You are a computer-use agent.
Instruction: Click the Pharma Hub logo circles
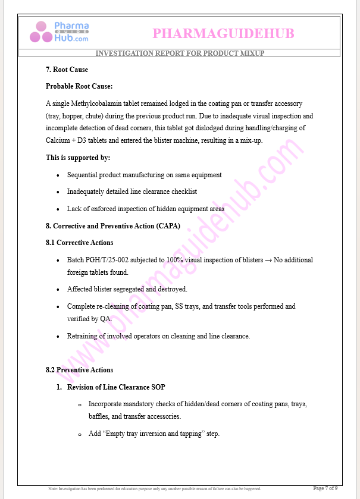click(x=42, y=32)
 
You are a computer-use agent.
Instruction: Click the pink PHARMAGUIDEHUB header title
click(x=223, y=33)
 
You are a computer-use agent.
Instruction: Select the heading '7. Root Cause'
click(x=67, y=70)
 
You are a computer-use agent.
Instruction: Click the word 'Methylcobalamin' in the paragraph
click(x=98, y=103)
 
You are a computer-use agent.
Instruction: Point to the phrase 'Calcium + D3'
click(x=64, y=141)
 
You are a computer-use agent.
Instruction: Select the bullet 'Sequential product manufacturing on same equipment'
click(x=144, y=175)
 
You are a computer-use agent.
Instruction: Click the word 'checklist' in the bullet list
click(x=183, y=192)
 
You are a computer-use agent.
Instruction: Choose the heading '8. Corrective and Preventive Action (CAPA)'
click(x=113, y=226)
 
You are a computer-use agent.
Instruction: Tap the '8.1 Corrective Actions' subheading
click(x=79, y=243)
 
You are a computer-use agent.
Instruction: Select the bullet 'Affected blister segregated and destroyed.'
click(x=127, y=289)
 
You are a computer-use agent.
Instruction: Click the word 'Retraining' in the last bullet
click(x=83, y=336)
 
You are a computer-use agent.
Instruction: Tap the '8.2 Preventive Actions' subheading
click(x=79, y=370)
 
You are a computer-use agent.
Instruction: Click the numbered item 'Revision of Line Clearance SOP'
click(x=116, y=387)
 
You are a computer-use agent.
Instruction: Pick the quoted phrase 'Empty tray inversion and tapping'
click(x=154, y=434)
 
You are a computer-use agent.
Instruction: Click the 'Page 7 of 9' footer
click(x=325, y=488)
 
